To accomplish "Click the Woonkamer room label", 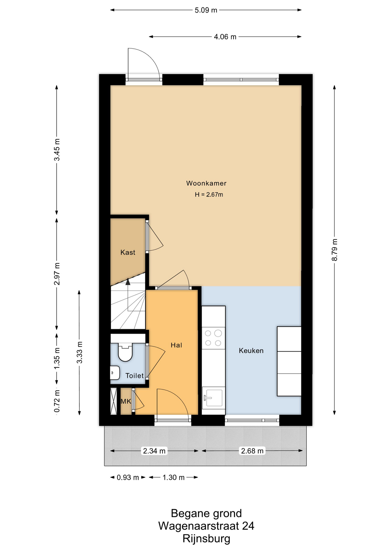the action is pos(206,183).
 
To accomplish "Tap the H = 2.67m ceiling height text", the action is pos(209,195).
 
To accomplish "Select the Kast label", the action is pos(128,252).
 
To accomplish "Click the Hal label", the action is pos(176,345).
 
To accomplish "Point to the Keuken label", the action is pos(251,350).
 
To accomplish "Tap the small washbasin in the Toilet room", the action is pos(115,373).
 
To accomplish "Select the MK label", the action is pos(126,401).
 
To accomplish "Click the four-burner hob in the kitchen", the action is pos(213,338).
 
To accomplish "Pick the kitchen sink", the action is pos(213,398).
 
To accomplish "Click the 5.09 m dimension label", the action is pos(206,10).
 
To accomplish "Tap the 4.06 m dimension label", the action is pos(225,37).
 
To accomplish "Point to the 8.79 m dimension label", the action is pos(335,250).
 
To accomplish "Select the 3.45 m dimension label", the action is pos(57,150).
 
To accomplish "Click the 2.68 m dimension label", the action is pos(252,451).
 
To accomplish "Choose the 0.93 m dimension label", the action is pos(128,478).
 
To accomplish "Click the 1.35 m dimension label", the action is pos(57,358).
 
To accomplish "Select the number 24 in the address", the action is pos(248,526).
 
